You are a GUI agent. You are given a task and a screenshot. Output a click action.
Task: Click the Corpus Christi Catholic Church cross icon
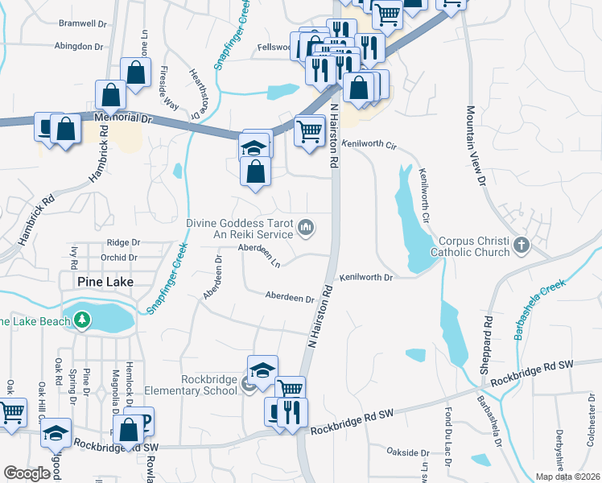coord(522,244)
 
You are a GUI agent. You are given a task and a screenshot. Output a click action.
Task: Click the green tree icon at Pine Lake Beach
coord(81,321)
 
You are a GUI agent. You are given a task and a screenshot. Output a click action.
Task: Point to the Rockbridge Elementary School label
coord(191,385)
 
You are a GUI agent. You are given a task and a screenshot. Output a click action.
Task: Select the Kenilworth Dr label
coord(365,278)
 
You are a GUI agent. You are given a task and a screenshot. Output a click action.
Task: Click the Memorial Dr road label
coord(123,118)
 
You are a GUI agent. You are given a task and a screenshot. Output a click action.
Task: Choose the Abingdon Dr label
coord(80,46)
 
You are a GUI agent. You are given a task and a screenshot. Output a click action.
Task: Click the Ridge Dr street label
coord(123,242)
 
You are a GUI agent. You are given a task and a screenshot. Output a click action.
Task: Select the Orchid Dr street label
coord(119,258)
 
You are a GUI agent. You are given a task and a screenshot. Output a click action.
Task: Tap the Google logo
coord(27,473)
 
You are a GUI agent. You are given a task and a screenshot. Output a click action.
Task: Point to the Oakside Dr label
coord(406,451)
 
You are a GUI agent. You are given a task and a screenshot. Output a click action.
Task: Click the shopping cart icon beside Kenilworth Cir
coord(310,130)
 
